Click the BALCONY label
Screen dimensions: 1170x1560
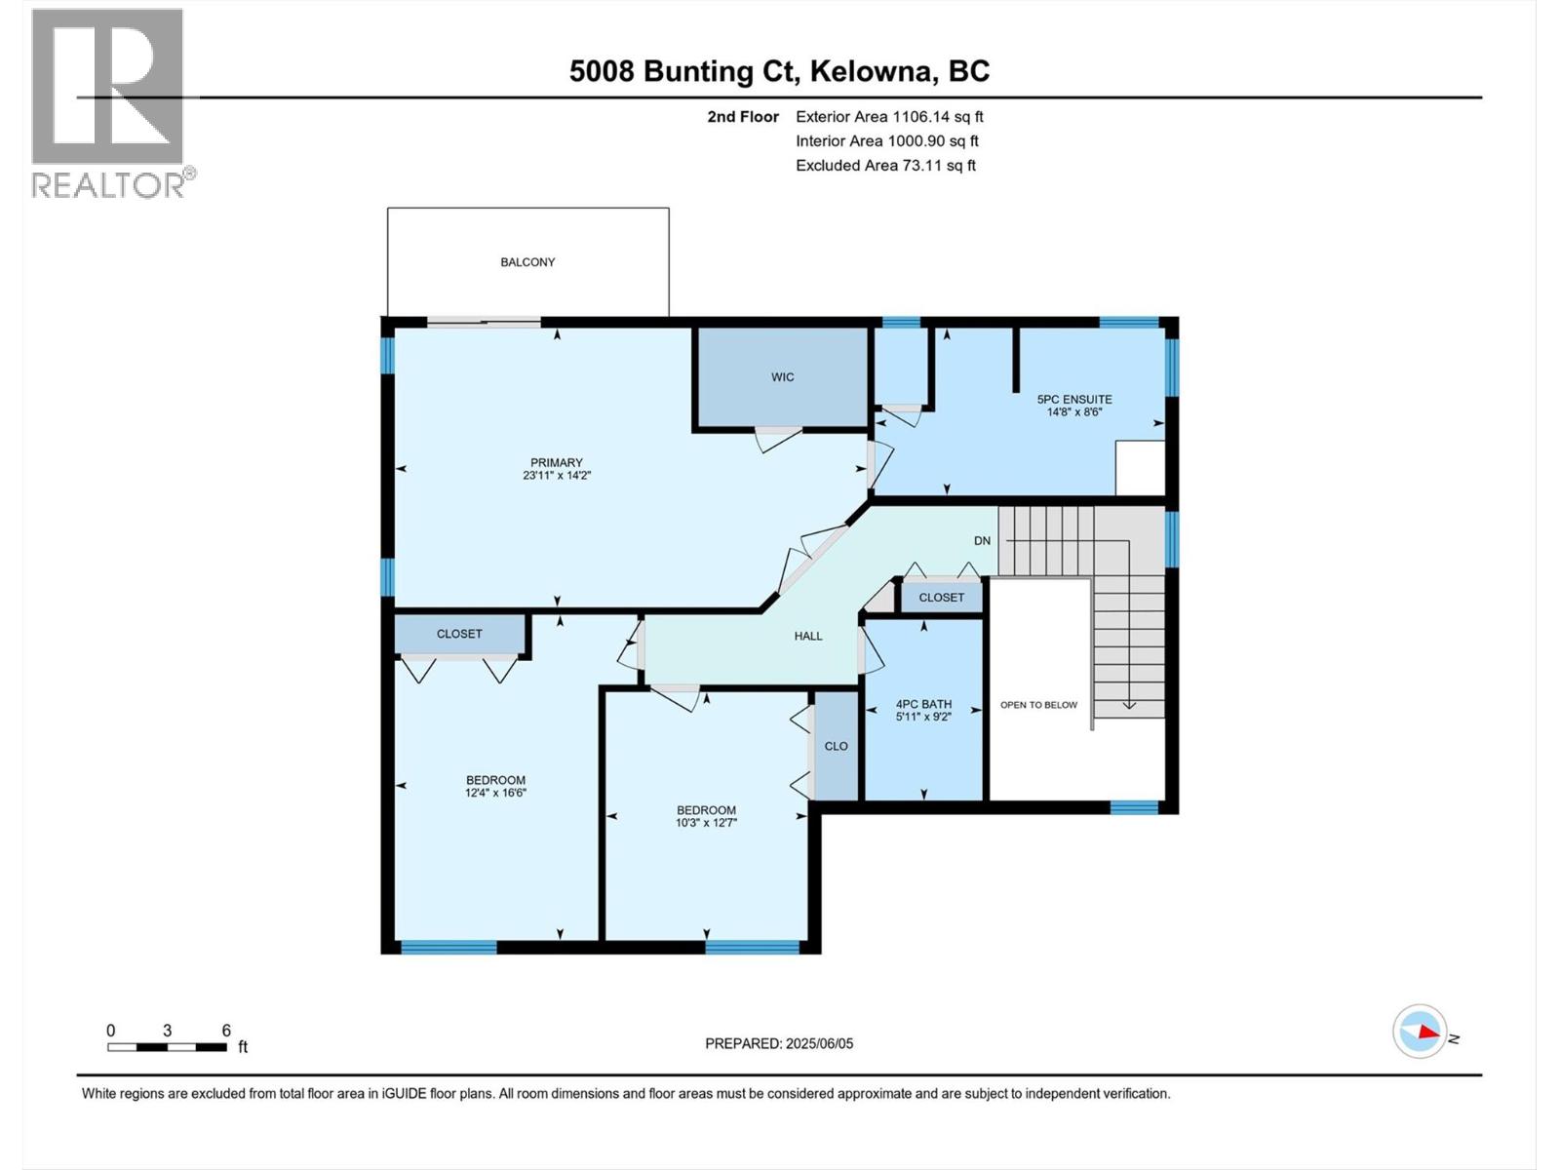coord(527,262)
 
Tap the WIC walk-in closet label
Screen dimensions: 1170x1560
coord(782,377)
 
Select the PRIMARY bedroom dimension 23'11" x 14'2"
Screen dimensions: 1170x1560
coord(557,476)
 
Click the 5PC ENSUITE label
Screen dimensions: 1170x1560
coord(1073,399)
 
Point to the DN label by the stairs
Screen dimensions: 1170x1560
coord(982,540)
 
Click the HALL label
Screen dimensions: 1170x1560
coord(807,636)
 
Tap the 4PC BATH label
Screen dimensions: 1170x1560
coord(923,704)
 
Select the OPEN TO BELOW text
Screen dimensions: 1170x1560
coord(1038,705)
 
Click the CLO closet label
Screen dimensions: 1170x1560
coord(836,746)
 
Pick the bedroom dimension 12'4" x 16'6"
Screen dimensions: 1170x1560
coord(495,793)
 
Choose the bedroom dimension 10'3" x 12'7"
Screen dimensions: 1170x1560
coord(706,823)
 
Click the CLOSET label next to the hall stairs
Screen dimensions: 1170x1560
coord(941,598)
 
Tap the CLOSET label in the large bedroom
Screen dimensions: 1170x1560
coord(459,634)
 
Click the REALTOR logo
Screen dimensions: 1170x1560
coord(109,102)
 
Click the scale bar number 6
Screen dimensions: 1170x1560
coord(226,1031)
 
